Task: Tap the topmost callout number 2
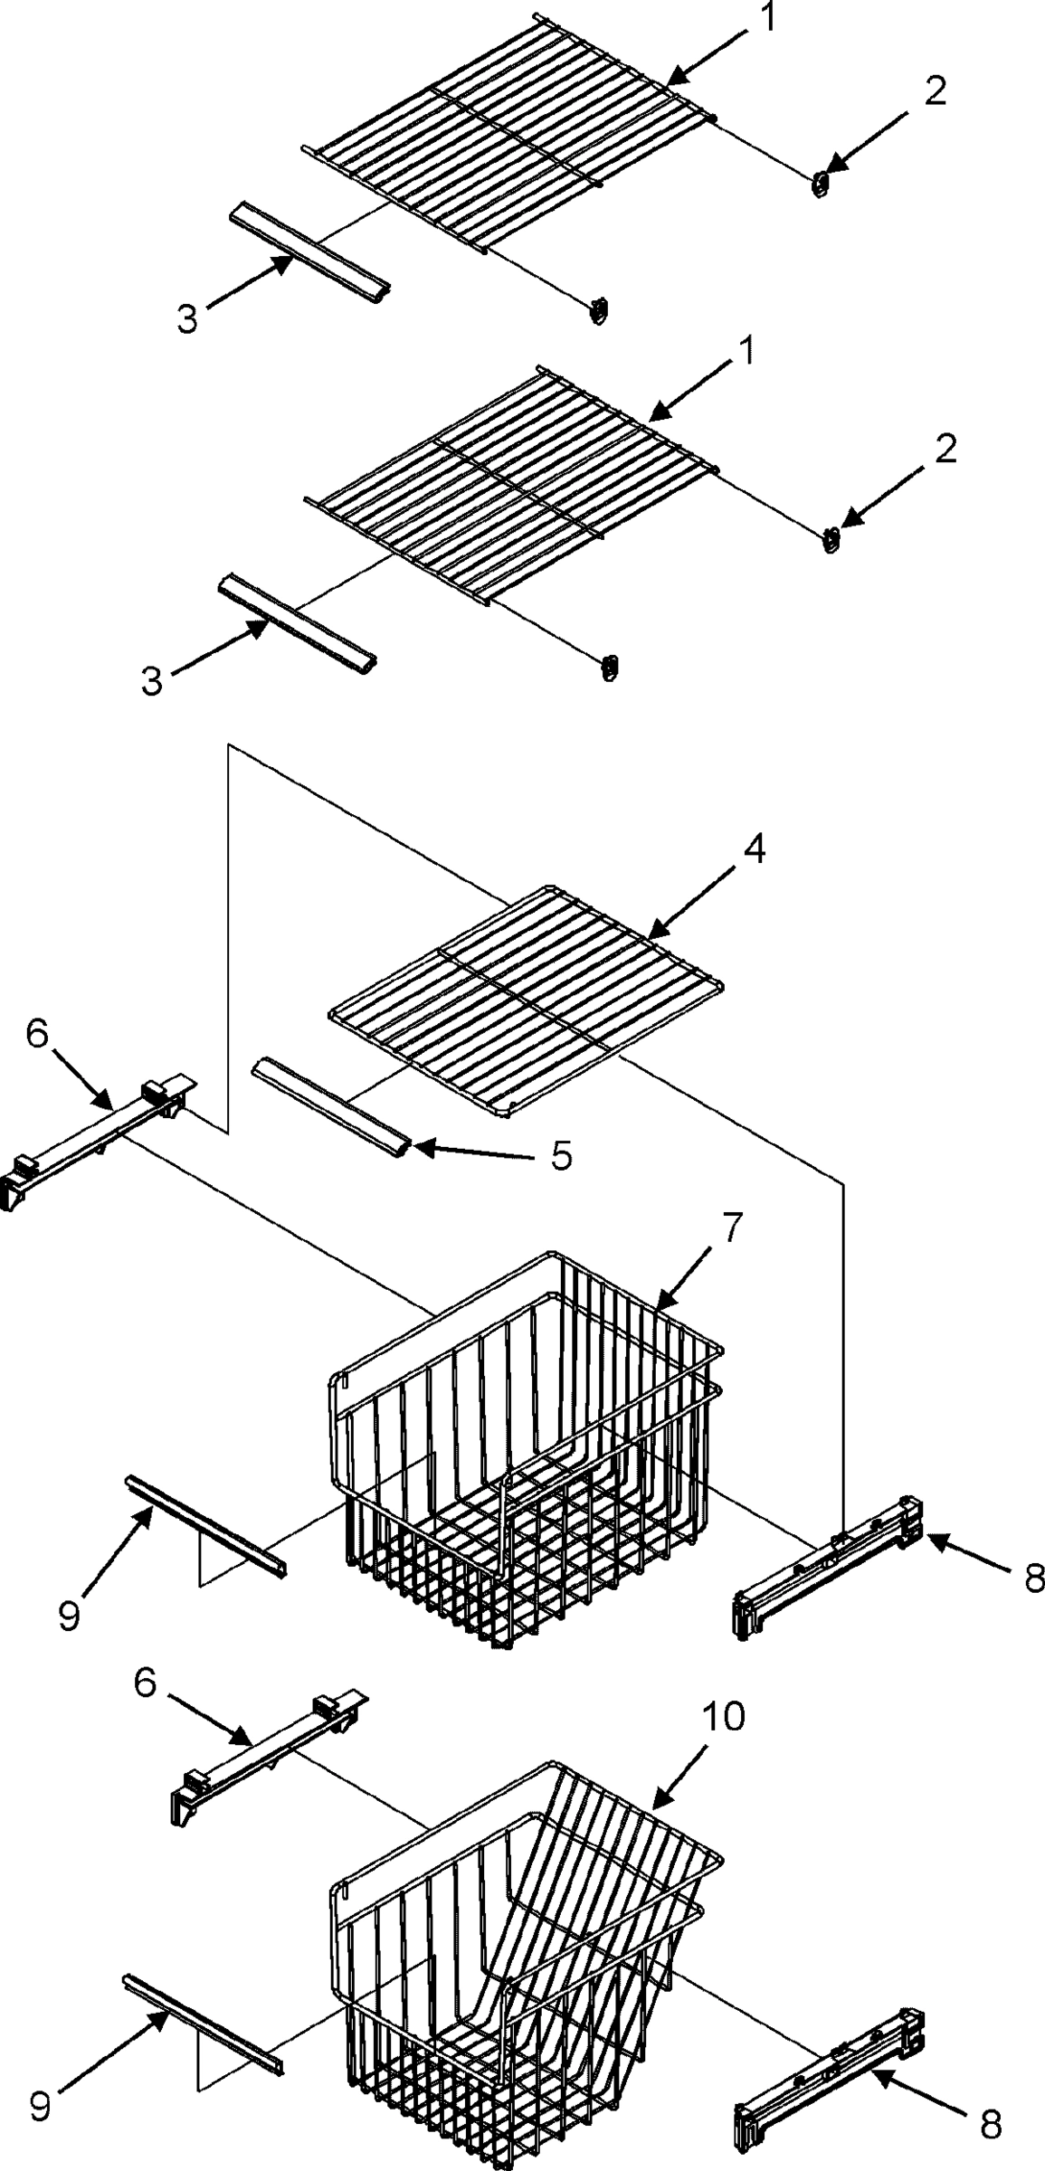pos(935,91)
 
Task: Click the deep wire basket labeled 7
pos(525,1456)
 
